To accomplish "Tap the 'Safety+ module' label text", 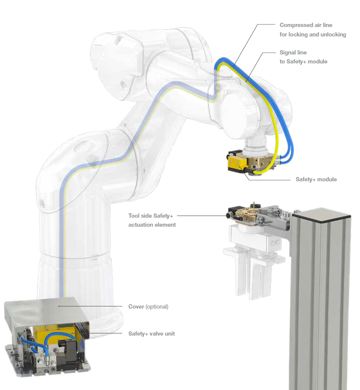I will pos(316,179).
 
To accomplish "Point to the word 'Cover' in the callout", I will pos(136,307).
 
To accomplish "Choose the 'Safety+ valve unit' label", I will pos(151,333).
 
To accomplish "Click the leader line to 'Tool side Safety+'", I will pos(201,216).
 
